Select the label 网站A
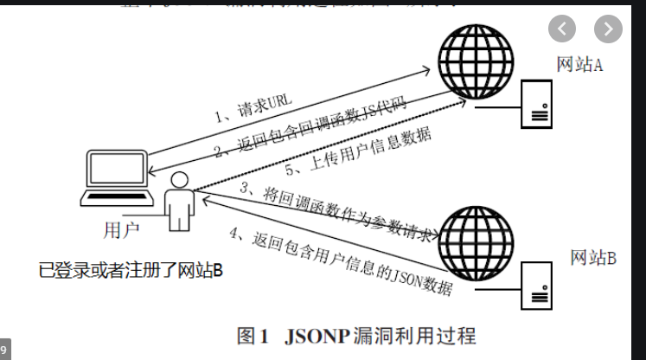point(579,65)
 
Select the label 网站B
point(592,258)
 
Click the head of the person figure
point(180,181)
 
